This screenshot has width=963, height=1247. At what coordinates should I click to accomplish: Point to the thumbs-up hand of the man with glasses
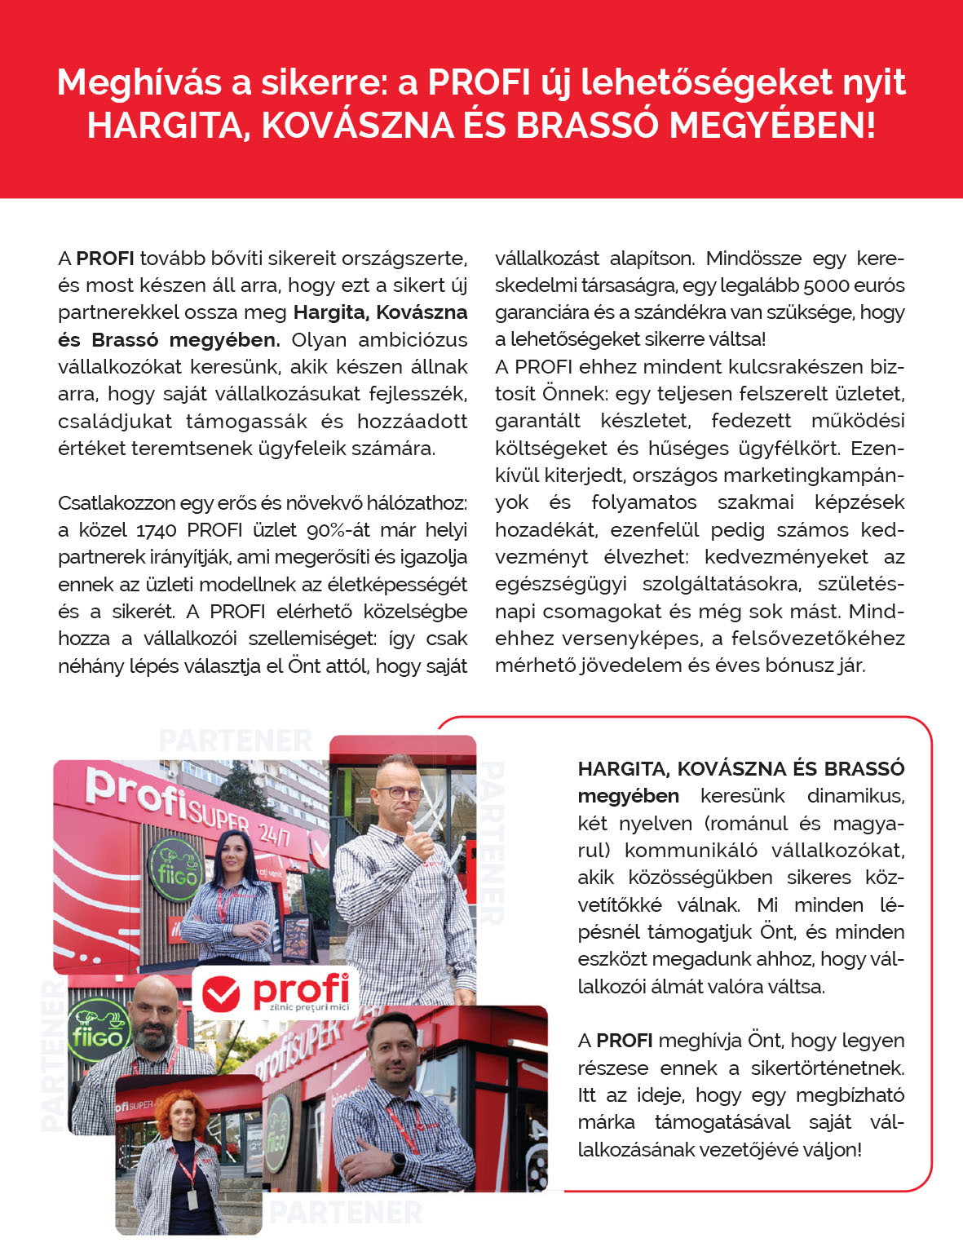point(422,841)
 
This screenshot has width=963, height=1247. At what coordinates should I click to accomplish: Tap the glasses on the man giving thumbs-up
point(400,792)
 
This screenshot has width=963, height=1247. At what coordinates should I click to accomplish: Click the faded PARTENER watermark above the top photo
point(236,741)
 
